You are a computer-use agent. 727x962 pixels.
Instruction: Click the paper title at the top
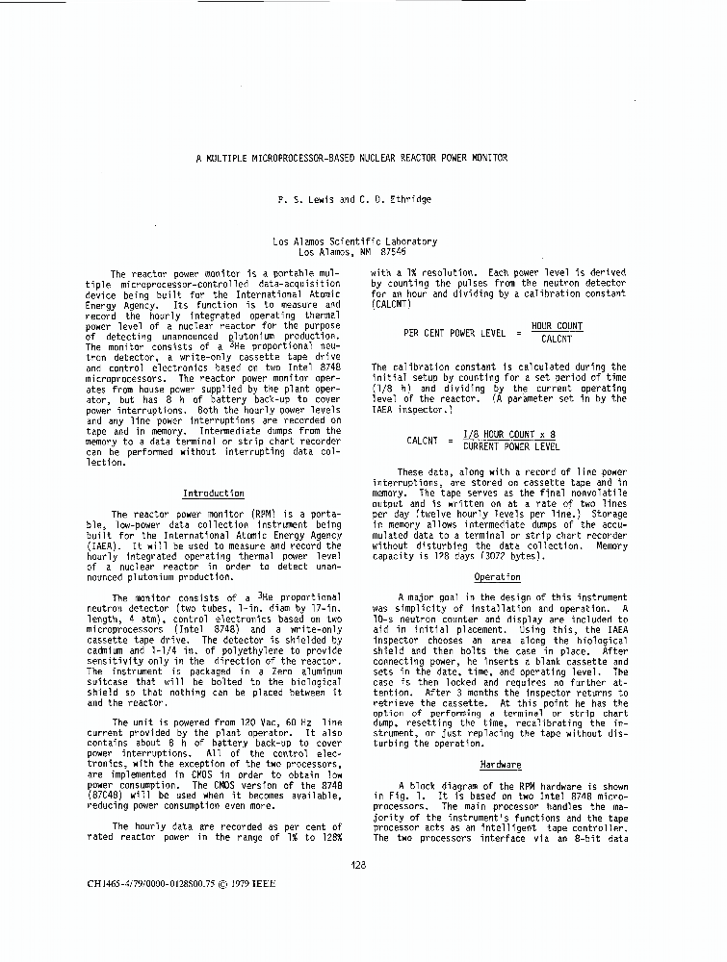(351, 158)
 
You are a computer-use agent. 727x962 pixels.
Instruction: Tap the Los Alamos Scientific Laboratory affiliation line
(354, 241)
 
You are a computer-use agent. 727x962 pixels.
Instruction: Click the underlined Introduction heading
(213, 494)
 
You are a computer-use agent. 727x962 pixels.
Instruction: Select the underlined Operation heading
(497, 577)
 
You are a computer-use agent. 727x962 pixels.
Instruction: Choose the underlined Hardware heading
(500, 765)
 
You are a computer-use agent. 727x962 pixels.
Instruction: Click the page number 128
(358, 864)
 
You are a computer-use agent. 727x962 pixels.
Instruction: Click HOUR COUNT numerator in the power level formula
(557, 327)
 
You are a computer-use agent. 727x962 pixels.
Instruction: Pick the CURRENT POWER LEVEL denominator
(510, 446)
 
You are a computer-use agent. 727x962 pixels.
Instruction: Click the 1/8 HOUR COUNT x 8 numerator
(509, 435)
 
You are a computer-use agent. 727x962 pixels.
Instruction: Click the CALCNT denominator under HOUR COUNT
(557, 339)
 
